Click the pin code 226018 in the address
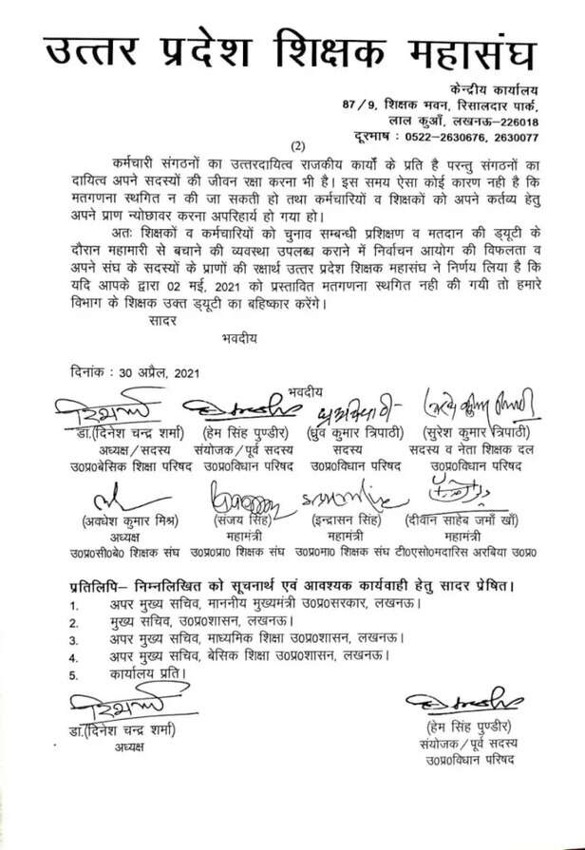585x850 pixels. click(514, 123)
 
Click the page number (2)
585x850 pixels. click(298, 145)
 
